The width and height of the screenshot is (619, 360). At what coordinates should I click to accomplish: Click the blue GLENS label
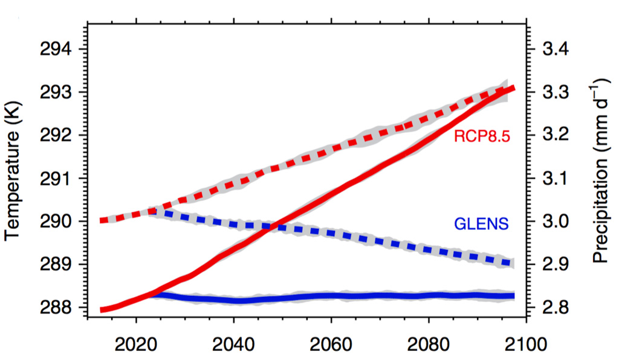pos(481,225)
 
